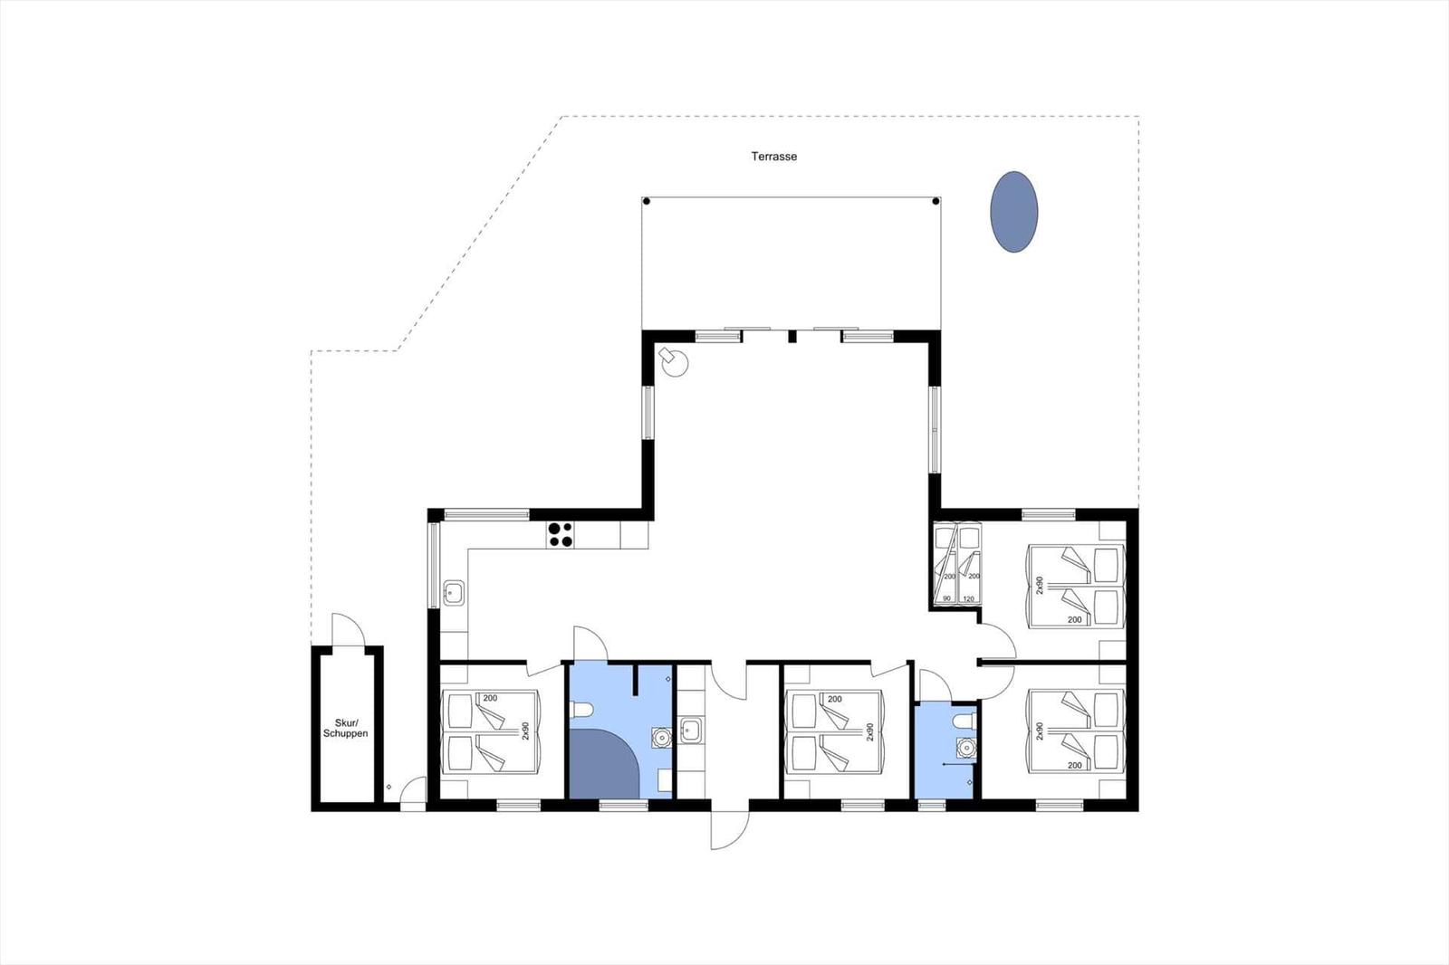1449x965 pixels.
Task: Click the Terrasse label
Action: click(773, 157)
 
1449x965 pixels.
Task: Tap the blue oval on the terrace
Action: click(1013, 212)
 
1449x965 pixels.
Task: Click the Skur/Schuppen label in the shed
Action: click(345, 729)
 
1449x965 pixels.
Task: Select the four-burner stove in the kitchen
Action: click(561, 535)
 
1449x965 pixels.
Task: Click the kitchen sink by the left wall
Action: click(454, 592)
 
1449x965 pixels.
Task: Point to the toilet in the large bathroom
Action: click(581, 710)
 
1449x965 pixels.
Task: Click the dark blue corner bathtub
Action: click(604, 764)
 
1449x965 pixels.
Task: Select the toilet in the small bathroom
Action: click(964, 721)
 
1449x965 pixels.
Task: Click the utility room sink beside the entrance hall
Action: click(690, 731)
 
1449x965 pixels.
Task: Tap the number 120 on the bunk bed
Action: click(968, 599)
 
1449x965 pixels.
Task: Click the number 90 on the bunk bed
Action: click(947, 599)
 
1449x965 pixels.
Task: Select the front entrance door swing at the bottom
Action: click(730, 830)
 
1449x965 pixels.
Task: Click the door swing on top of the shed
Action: click(348, 629)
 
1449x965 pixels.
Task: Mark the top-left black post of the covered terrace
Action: click(646, 201)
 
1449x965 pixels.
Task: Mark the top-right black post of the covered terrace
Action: click(936, 201)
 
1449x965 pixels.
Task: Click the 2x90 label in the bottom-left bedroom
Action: click(525, 731)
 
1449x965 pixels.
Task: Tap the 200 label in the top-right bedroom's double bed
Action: click(1074, 619)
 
